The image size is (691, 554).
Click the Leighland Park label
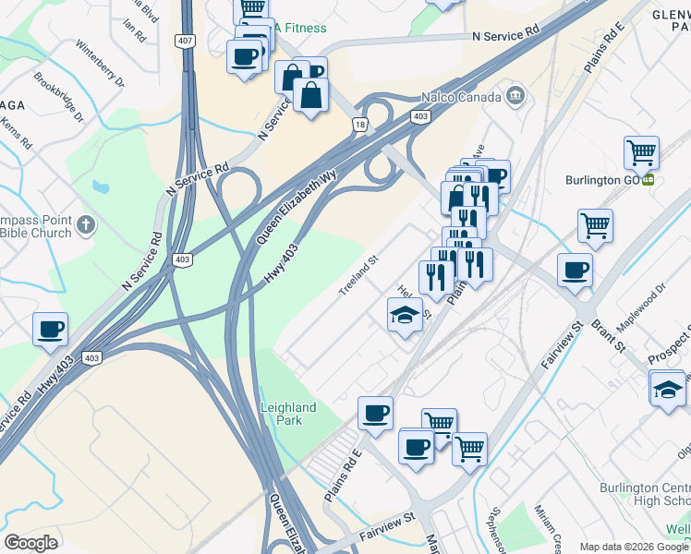coord(288,414)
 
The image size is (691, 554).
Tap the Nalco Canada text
coord(453,95)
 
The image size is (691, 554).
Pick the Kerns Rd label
coord(17,134)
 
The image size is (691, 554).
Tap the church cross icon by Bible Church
coord(85,223)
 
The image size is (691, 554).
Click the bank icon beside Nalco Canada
coord(514,95)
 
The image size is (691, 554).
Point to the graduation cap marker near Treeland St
coord(405,316)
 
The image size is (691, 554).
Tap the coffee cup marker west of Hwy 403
coord(50,330)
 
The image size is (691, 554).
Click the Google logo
coord(30,543)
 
